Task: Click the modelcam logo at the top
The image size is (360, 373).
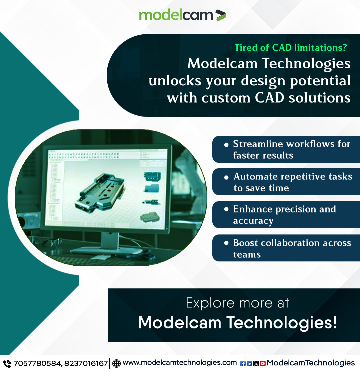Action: click(182, 15)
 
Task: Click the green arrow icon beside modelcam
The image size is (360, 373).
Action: click(221, 15)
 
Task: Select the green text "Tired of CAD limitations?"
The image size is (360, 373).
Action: click(290, 48)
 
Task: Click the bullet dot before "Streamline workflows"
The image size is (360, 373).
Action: click(226, 145)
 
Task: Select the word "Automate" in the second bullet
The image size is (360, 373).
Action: click(256, 177)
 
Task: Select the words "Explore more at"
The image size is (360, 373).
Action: click(237, 303)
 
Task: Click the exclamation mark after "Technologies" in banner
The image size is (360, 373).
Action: click(334, 322)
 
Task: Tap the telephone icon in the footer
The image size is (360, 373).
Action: click(7, 363)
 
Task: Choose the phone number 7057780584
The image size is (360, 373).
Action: click(37, 363)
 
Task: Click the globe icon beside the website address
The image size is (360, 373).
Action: click(116, 363)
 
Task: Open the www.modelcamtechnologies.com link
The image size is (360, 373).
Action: click(180, 363)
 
